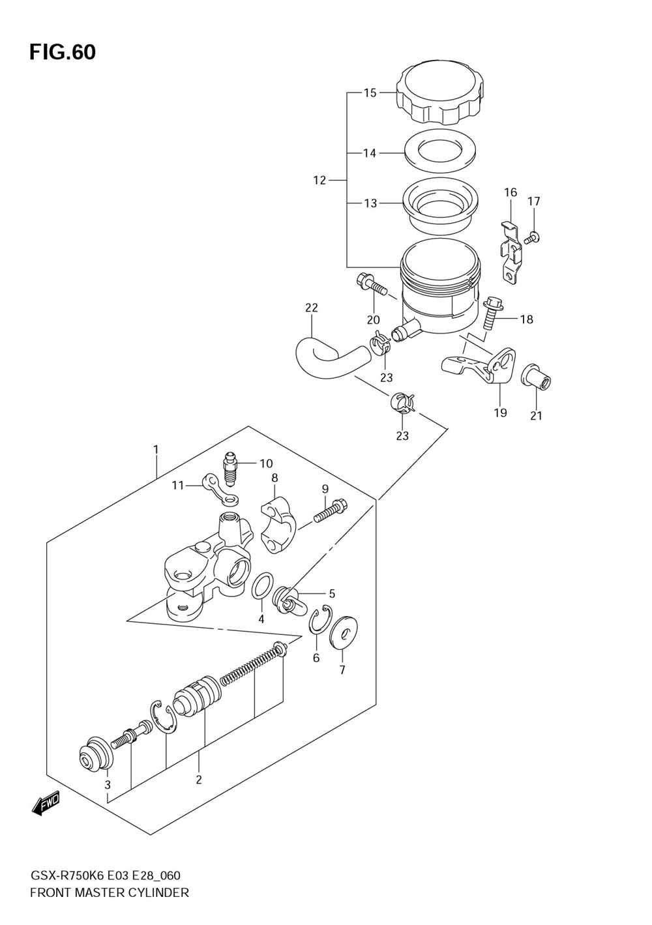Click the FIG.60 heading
(x=63, y=52)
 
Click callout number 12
(x=319, y=180)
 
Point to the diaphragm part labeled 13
(x=439, y=205)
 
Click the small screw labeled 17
(x=532, y=237)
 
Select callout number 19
(x=501, y=412)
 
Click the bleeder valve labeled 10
(x=230, y=469)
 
